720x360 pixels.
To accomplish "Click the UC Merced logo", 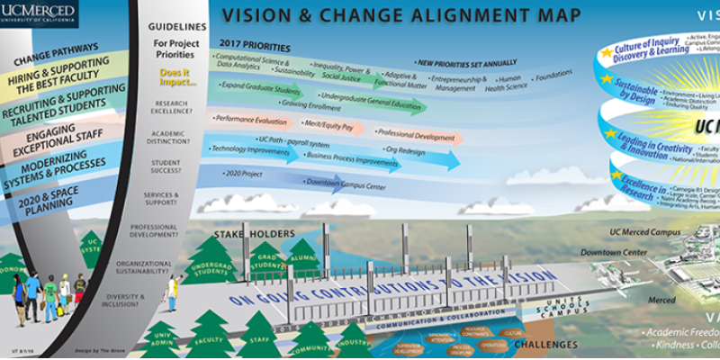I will tap(39, 13).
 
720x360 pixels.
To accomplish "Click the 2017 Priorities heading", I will tap(253, 42).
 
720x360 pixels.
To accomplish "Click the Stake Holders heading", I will tap(254, 235).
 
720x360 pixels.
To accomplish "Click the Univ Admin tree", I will tap(163, 338).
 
